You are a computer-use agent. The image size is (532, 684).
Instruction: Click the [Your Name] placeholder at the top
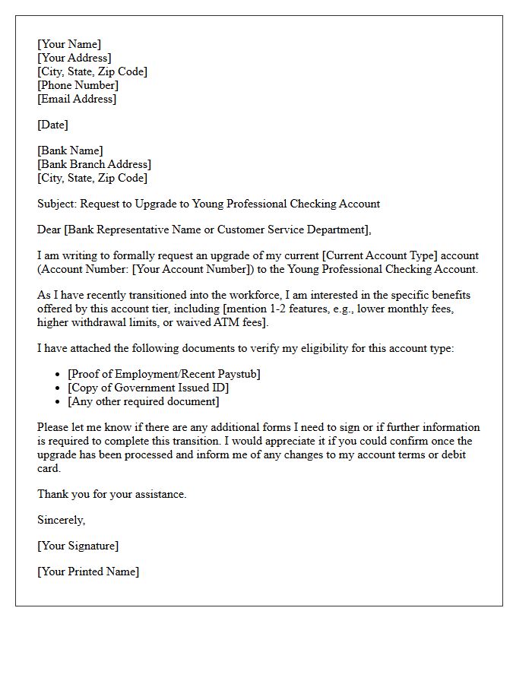tap(69, 44)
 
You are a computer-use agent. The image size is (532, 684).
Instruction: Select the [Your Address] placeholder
tap(74, 58)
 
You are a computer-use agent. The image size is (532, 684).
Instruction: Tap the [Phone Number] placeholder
tap(78, 85)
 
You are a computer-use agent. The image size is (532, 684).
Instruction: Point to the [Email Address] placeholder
tap(77, 99)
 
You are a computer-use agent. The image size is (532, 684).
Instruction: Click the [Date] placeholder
tap(52, 125)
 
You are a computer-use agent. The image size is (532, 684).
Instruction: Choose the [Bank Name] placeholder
tap(70, 150)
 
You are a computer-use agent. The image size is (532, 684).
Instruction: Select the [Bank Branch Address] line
tap(94, 164)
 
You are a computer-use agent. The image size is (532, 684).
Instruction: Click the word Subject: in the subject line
tap(57, 204)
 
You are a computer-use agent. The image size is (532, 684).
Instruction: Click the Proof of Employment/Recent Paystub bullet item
tap(163, 374)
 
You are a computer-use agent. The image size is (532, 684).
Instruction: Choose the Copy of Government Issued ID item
tap(148, 388)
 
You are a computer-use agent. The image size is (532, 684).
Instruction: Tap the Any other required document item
tap(143, 401)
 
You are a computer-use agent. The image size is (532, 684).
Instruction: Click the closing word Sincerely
tap(61, 520)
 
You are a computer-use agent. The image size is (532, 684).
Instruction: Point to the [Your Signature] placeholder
tap(78, 546)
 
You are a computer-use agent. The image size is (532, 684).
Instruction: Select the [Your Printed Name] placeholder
tap(88, 572)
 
